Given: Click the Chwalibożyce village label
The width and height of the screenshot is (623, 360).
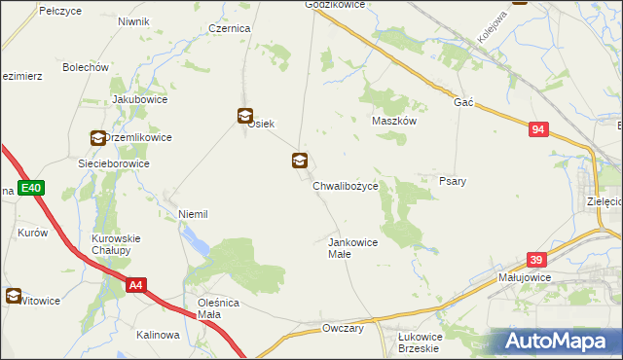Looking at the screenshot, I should coord(351,184).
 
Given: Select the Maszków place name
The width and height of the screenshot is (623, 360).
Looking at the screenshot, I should coord(394,122).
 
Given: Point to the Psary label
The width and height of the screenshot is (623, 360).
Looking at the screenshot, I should coord(452,182).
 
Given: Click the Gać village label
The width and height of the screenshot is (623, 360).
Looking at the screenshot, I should coord(462,102).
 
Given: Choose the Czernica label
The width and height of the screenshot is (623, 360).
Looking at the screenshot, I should coord(230,29).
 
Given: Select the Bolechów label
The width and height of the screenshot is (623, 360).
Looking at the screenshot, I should coord(85,67).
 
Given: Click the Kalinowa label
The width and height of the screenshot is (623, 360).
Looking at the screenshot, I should coord(158,335).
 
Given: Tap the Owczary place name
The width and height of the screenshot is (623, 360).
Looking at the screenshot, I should coord(343,329).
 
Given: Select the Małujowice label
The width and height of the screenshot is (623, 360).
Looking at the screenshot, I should coord(525,277).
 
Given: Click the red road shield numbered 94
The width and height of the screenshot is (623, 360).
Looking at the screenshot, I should coord(540,129).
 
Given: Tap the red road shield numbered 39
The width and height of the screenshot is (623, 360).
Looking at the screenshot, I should coord(536,260).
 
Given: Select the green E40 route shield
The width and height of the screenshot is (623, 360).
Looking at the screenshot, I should coord(30,188).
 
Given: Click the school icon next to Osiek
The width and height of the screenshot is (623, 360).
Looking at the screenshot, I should coord(244,116).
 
